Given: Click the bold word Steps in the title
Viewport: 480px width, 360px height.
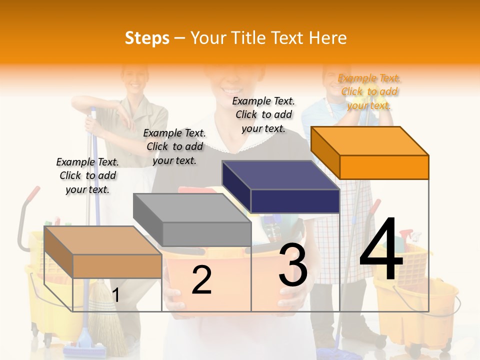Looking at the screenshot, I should pyautogui.click(x=146, y=38).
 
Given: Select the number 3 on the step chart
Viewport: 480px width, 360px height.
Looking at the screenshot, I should pyautogui.click(x=292, y=265).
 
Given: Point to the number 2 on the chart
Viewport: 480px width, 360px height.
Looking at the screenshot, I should pyautogui.click(x=201, y=280).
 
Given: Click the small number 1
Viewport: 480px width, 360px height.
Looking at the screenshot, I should pyautogui.click(x=115, y=295).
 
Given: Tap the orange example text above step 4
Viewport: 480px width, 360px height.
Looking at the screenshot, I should pyautogui.click(x=369, y=91).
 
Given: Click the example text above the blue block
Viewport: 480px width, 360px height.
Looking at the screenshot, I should pyautogui.click(x=263, y=114).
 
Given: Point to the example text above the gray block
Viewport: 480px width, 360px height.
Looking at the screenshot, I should pyautogui.click(x=174, y=146).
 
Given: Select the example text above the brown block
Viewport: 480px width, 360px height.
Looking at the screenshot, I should pyautogui.click(x=87, y=175).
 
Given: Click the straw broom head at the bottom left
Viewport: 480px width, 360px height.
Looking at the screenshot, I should pyautogui.click(x=107, y=320).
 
